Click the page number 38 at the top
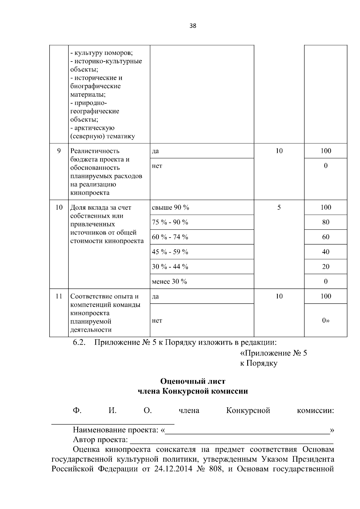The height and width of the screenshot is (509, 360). point(193,26)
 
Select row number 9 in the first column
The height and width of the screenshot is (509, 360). point(59,151)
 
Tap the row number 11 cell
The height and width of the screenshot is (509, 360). point(59,296)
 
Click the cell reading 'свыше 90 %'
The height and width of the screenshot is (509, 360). point(170,207)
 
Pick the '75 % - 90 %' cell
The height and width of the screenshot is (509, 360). point(170,222)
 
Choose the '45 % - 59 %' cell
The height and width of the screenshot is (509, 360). point(170,252)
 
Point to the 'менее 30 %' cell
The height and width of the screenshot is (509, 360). point(169,281)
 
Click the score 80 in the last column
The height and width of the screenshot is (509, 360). point(325,222)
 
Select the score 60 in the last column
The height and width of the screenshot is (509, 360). point(325,237)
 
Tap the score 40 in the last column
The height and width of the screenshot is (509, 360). point(325,252)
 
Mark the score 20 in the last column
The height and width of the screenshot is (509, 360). point(325,267)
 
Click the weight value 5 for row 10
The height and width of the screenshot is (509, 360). point(279,207)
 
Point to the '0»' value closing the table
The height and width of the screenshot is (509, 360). point(325,320)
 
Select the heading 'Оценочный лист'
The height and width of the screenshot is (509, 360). point(193,381)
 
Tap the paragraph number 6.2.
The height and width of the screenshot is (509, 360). point(79,342)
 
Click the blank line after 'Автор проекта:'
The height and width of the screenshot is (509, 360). point(232,440)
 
